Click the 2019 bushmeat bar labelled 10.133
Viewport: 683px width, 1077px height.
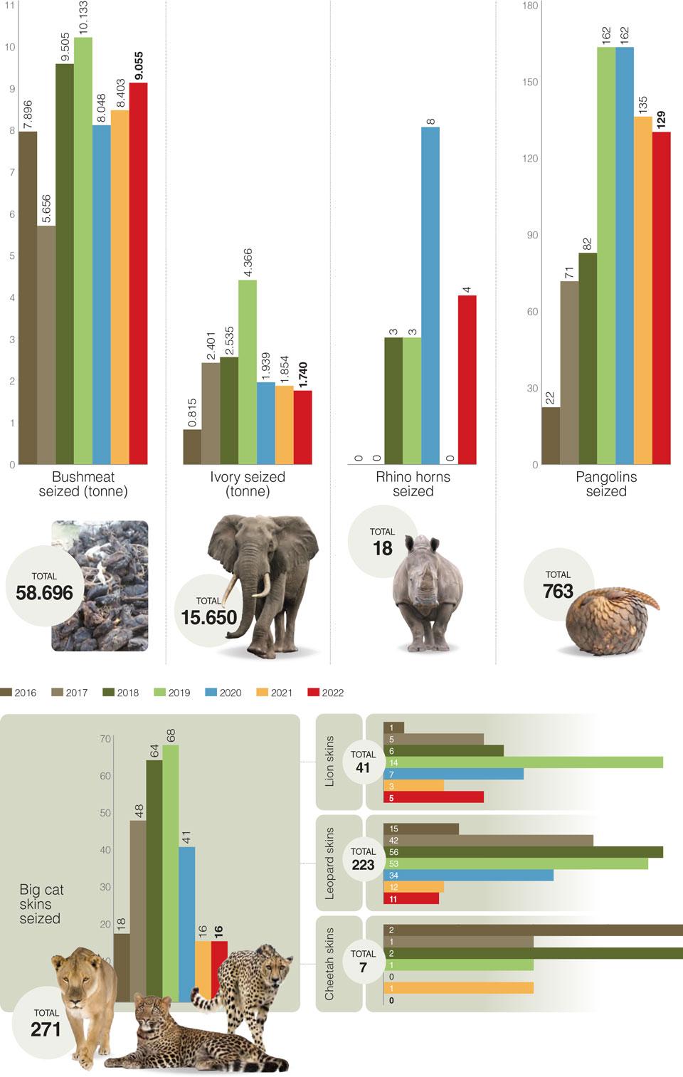point(83,249)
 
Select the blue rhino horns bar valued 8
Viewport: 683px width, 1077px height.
point(430,295)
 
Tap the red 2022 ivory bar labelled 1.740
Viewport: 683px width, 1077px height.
point(302,427)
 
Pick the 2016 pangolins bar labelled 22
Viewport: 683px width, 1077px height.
point(550,436)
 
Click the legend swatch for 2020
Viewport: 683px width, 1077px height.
point(211,692)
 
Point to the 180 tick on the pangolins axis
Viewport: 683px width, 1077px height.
point(529,6)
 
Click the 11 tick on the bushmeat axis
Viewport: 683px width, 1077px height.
point(10,6)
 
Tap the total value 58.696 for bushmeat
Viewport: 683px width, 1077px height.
point(44,592)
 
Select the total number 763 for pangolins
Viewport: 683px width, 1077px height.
point(558,591)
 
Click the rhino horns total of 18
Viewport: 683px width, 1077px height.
point(382,548)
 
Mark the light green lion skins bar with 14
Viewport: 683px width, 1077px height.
point(523,762)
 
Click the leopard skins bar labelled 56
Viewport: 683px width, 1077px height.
point(523,852)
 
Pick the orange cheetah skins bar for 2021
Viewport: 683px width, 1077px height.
point(458,988)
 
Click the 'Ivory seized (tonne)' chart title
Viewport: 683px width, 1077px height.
point(248,484)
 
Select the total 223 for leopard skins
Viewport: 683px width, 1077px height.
point(363,864)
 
